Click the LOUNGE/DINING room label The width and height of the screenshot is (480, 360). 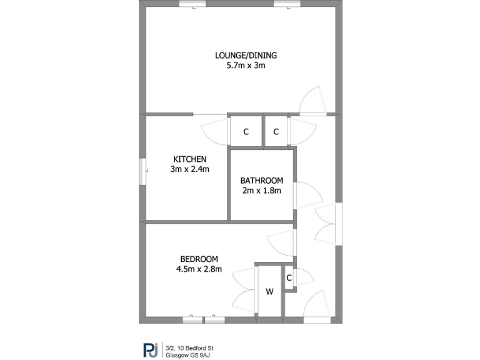246,55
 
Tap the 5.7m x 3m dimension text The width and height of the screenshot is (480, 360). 246,65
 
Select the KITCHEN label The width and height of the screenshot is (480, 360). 189,159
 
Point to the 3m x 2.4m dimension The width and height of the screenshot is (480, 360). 189,169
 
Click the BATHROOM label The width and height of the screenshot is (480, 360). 262,181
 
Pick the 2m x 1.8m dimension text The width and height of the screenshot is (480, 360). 262,191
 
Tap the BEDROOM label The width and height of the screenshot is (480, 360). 199,259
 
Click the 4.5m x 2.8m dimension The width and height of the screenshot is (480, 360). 199,269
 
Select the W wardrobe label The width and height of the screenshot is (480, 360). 270,291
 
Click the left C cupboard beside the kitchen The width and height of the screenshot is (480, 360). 246,132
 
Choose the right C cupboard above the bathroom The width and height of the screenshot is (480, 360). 276,132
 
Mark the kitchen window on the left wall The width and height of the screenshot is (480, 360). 142,171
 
